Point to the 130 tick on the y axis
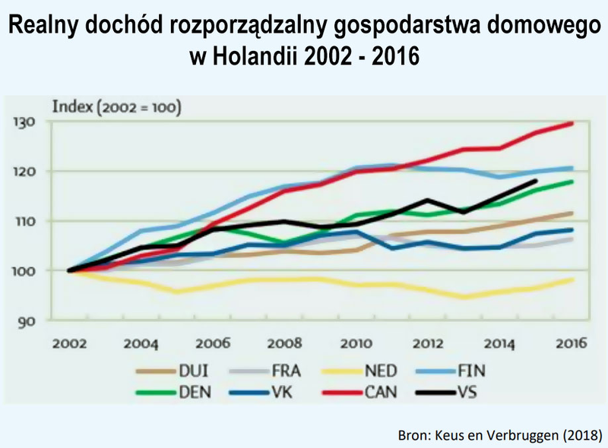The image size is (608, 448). pos(24,122)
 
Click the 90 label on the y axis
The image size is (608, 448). pos(27,320)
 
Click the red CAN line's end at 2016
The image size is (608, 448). pos(572,123)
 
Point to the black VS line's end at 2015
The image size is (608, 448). pos(537,181)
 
